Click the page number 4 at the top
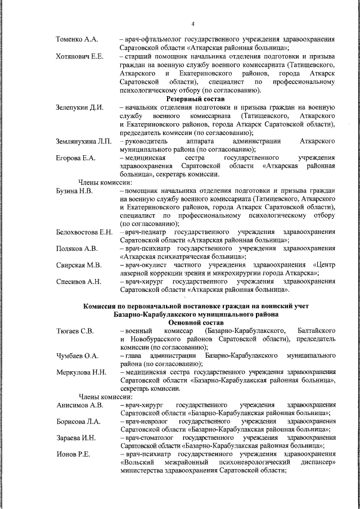click(x=192, y=24)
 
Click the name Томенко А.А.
click(x=77, y=39)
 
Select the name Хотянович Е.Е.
click(x=80, y=57)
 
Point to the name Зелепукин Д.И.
click(x=80, y=107)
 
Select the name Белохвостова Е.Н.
click(x=85, y=232)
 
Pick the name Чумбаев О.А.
click(x=78, y=356)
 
